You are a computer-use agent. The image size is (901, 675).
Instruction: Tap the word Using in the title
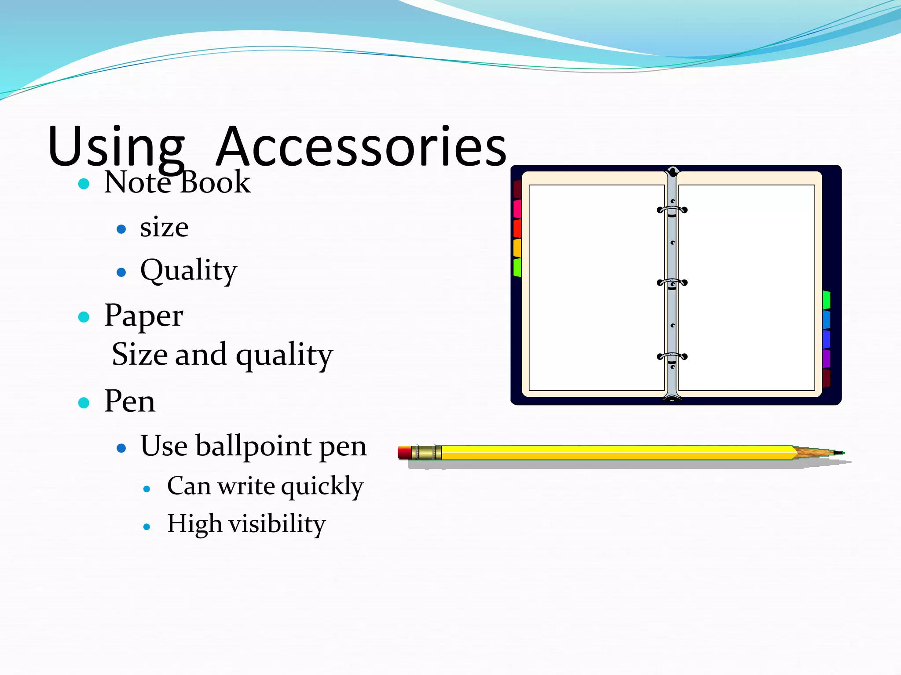pyautogui.click(x=116, y=148)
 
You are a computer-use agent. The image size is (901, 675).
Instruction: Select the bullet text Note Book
pyautogui.click(x=177, y=182)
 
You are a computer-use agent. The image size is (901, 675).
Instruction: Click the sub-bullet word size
pyautogui.click(x=164, y=228)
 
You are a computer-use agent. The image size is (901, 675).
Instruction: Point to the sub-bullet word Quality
pyautogui.click(x=188, y=270)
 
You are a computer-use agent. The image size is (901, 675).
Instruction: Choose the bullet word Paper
pyautogui.click(x=143, y=316)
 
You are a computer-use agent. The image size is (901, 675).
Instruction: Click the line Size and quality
pyautogui.click(x=222, y=354)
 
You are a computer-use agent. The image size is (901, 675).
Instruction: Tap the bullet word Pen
pyautogui.click(x=130, y=401)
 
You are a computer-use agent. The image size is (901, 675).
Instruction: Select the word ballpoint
pyautogui.click(x=253, y=446)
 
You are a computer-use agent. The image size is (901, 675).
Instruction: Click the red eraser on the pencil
pyautogui.click(x=404, y=453)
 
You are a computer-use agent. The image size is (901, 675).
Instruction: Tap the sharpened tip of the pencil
pyautogui.click(x=838, y=453)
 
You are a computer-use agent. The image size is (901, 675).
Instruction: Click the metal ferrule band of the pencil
pyautogui.click(x=426, y=453)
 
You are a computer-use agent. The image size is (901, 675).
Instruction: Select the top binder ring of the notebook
pyautogui.click(x=672, y=210)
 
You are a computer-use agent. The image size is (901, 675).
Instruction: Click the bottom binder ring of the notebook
pyautogui.click(x=672, y=356)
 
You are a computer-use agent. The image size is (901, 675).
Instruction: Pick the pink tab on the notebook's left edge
pyautogui.click(x=517, y=209)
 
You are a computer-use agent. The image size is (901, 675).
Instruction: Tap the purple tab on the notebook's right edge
pyautogui.click(x=826, y=359)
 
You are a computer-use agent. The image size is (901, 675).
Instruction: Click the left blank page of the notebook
pyautogui.click(x=596, y=288)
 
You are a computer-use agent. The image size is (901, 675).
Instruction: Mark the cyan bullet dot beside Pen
pyautogui.click(x=84, y=403)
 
